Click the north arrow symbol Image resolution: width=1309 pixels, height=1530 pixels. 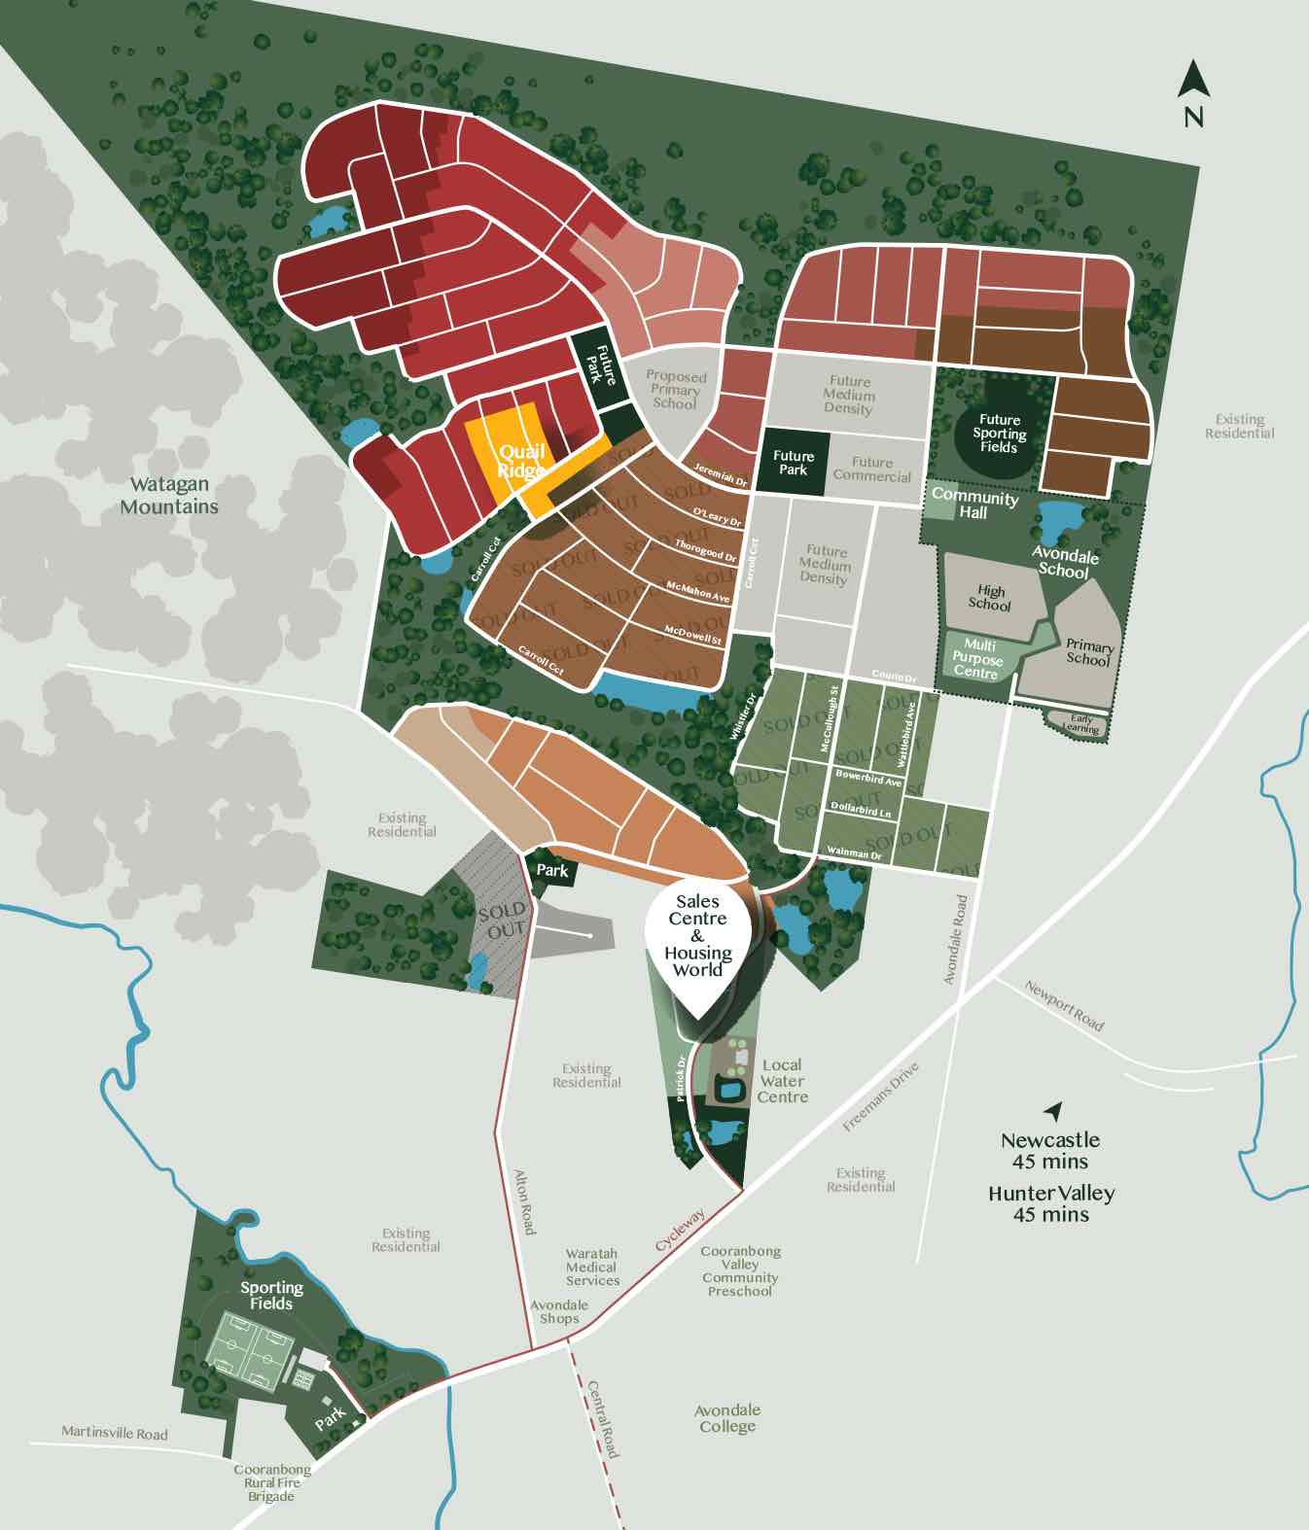coord(1193,81)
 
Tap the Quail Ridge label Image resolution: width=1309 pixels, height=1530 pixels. coord(521,462)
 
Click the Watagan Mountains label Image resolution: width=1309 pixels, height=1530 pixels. coord(169,495)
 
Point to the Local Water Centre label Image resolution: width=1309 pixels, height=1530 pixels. coord(783,1081)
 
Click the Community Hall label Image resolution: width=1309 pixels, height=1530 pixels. coord(973,504)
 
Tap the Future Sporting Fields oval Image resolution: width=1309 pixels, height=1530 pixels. coord(999,435)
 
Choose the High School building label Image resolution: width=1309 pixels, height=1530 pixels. coord(990,598)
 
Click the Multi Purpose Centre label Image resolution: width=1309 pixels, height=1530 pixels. coord(977,659)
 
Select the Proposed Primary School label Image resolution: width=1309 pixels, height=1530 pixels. coord(676,390)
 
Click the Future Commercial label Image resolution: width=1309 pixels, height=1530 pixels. coord(871,469)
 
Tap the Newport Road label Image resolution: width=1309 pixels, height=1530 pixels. coord(1064,1005)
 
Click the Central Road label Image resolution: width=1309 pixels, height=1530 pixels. coord(604,1418)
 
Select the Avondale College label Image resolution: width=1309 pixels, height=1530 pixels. coord(727,1418)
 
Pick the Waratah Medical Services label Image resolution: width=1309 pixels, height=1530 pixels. coord(592,1268)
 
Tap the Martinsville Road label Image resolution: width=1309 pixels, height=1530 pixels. coord(114,1433)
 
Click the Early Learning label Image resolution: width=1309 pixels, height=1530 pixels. coord(1080,724)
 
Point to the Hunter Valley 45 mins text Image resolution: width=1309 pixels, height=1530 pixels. coord(1051,1203)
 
